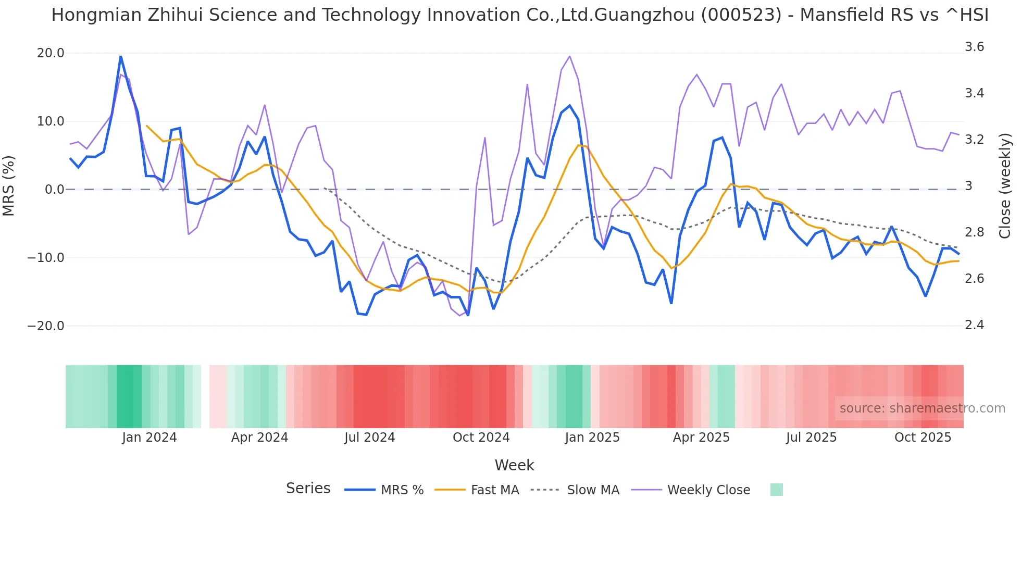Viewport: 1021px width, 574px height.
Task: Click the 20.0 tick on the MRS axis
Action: click(51, 53)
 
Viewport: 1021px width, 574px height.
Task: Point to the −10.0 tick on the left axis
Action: click(46, 258)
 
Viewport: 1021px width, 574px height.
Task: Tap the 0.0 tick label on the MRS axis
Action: click(54, 190)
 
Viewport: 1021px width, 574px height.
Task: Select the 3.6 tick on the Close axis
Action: click(974, 47)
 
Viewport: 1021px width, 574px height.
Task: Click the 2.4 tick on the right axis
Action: click(974, 325)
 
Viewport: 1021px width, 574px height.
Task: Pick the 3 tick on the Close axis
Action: click(969, 186)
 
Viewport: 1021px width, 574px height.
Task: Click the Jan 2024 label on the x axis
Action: click(150, 438)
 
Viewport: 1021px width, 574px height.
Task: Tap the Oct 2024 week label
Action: click(481, 438)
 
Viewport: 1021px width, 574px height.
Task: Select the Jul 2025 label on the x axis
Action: click(811, 438)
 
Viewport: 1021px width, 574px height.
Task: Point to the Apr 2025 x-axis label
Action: click(701, 438)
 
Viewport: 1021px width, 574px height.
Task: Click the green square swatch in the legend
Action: click(776, 490)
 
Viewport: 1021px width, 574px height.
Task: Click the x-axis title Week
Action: click(514, 465)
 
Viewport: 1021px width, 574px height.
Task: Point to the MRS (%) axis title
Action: click(9, 185)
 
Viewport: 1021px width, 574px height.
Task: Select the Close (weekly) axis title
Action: click(1005, 185)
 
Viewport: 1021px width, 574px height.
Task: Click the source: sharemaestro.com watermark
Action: click(922, 408)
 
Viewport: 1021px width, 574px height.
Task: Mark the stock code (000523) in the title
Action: click(741, 15)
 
